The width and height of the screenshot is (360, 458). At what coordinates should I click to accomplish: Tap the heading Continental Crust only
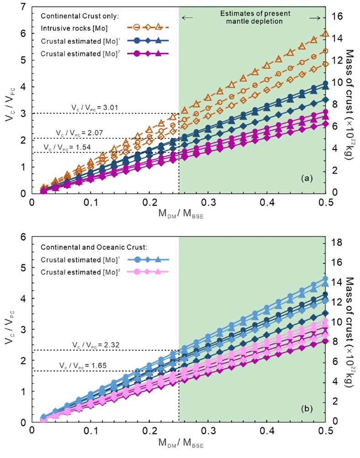click(74, 16)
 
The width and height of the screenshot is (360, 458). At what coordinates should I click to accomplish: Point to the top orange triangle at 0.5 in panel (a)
click(325, 33)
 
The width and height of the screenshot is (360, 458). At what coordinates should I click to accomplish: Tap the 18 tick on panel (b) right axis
click(337, 242)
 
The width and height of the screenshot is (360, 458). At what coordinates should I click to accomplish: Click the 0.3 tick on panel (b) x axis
click(208, 430)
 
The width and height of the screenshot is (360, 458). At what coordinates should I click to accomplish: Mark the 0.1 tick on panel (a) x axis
click(90, 201)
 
